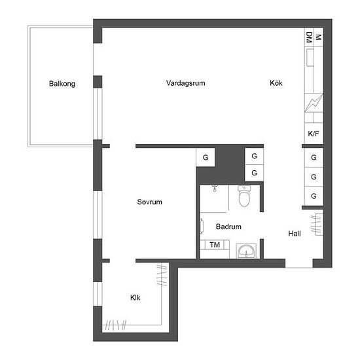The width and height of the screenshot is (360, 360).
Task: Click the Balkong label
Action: click(x=62, y=84)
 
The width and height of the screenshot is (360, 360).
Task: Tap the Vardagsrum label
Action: click(x=185, y=83)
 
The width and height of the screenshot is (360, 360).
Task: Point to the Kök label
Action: click(x=276, y=82)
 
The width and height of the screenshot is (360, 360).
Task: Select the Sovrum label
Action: click(x=149, y=202)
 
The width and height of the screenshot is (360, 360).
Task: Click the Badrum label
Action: click(x=228, y=226)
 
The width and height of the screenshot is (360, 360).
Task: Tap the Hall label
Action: click(x=295, y=234)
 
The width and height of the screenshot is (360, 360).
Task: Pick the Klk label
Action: click(x=135, y=298)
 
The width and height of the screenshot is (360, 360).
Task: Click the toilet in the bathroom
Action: click(x=244, y=196)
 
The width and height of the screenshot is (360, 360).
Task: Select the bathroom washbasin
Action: click(x=246, y=251)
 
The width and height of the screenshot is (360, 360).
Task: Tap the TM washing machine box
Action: click(x=215, y=245)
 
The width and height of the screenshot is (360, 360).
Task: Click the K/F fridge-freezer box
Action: click(x=314, y=134)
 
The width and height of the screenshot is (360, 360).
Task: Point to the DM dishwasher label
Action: click(x=309, y=37)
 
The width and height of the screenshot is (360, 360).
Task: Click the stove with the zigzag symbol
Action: click(x=314, y=103)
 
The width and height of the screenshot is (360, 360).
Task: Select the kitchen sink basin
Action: click(x=310, y=58)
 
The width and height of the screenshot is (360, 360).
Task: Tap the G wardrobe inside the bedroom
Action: click(x=206, y=157)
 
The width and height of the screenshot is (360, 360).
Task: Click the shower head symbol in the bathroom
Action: click(x=215, y=189)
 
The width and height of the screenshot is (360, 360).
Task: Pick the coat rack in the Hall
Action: click(x=317, y=225)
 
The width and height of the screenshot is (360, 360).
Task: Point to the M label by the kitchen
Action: click(x=319, y=37)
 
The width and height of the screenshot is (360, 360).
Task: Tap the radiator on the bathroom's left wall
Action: click(x=202, y=226)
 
